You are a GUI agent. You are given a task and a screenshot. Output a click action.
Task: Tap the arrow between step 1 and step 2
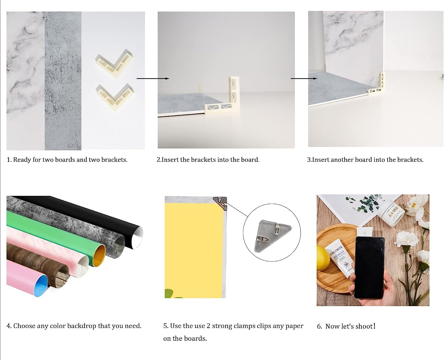[153, 79]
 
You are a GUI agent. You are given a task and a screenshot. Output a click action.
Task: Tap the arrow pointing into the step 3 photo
[304, 79]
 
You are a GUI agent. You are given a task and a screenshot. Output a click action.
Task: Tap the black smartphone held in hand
[369, 268]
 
